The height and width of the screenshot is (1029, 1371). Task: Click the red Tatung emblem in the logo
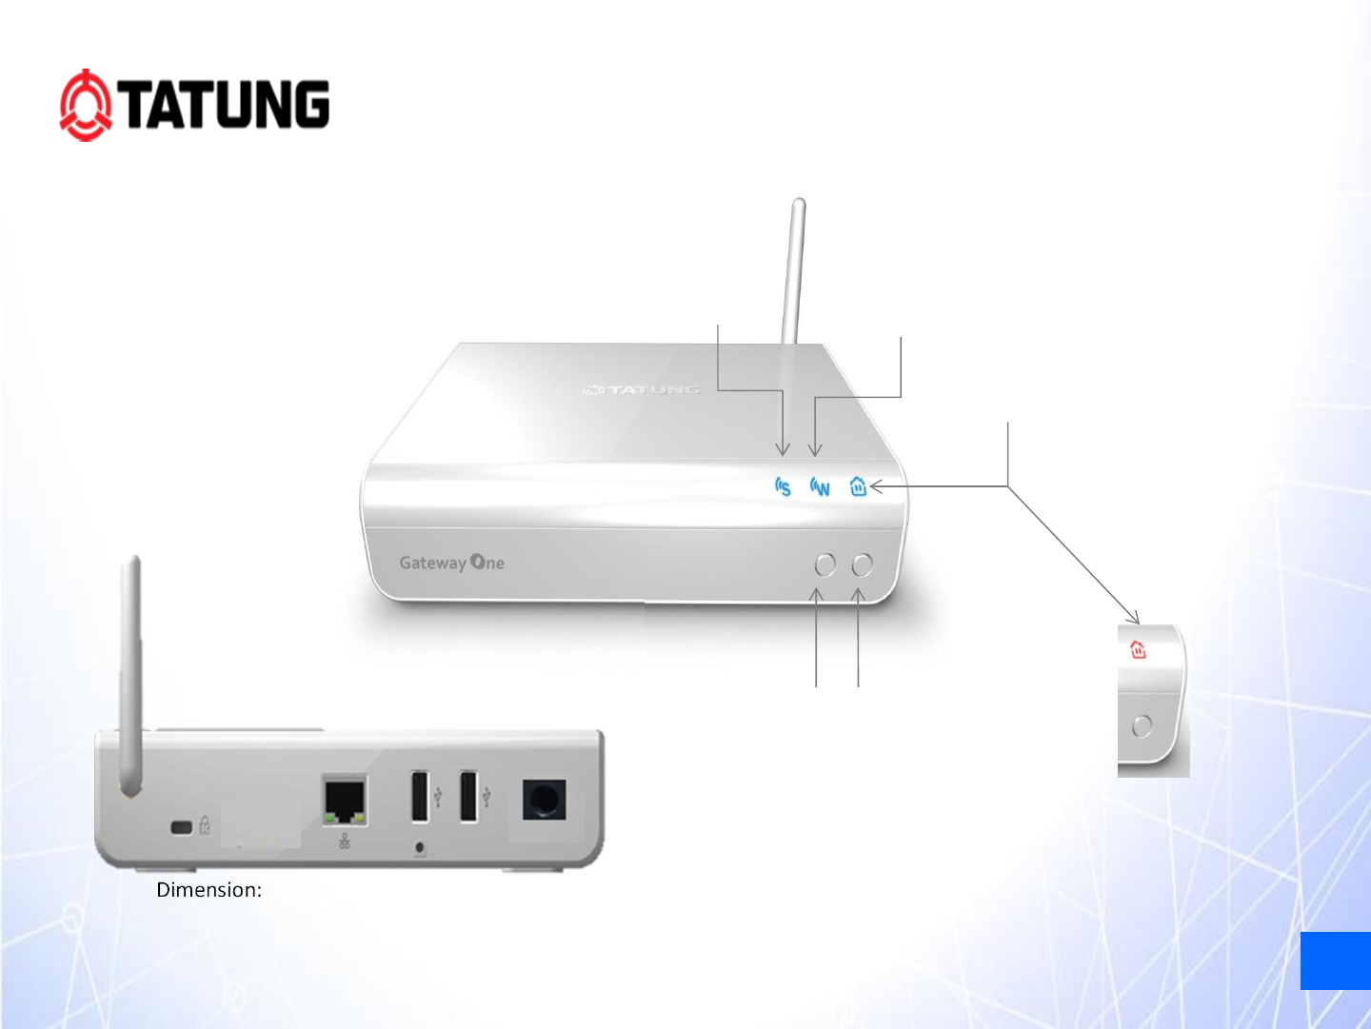pyautogui.click(x=86, y=106)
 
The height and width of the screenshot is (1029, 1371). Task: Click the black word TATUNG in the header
pyautogui.click(x=227, y=105)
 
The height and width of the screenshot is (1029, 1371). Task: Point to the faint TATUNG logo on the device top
pyautogui.click(x=642, y=389)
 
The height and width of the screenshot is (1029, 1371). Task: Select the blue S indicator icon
pyautogui.click(x=783, y=487)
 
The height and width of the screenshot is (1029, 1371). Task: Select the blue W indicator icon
pyautogui.click(x=820, y=487)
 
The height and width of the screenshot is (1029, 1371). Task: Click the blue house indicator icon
pyautogui.click(x=858, y=486)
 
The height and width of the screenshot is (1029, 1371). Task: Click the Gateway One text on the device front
pyautogui.click(x=451, y=563)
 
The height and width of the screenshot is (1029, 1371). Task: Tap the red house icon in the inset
pyautogui.click(x=1138, y=650)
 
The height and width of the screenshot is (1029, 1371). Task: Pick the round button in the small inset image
pyautogui.click(x=1142, y=726)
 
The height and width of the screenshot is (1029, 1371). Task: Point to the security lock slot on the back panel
pyautogui.click(x=182, y=826)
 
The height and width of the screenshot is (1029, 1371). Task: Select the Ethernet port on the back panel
pyautogui.click(x=345, y=801)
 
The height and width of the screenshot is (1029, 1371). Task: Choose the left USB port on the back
pyautogui.click(x=420, y=796)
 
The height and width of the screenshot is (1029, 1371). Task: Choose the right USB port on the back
pyautogui.click(x=468, y=796)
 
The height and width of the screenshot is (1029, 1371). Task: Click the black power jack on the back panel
pyautogui.click(x=544, y=800)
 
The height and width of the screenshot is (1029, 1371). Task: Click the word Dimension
pyautogui.click(x=209, y=890)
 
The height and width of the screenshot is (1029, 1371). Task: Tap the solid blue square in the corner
pyautogui.click(x=1335, y=960)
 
